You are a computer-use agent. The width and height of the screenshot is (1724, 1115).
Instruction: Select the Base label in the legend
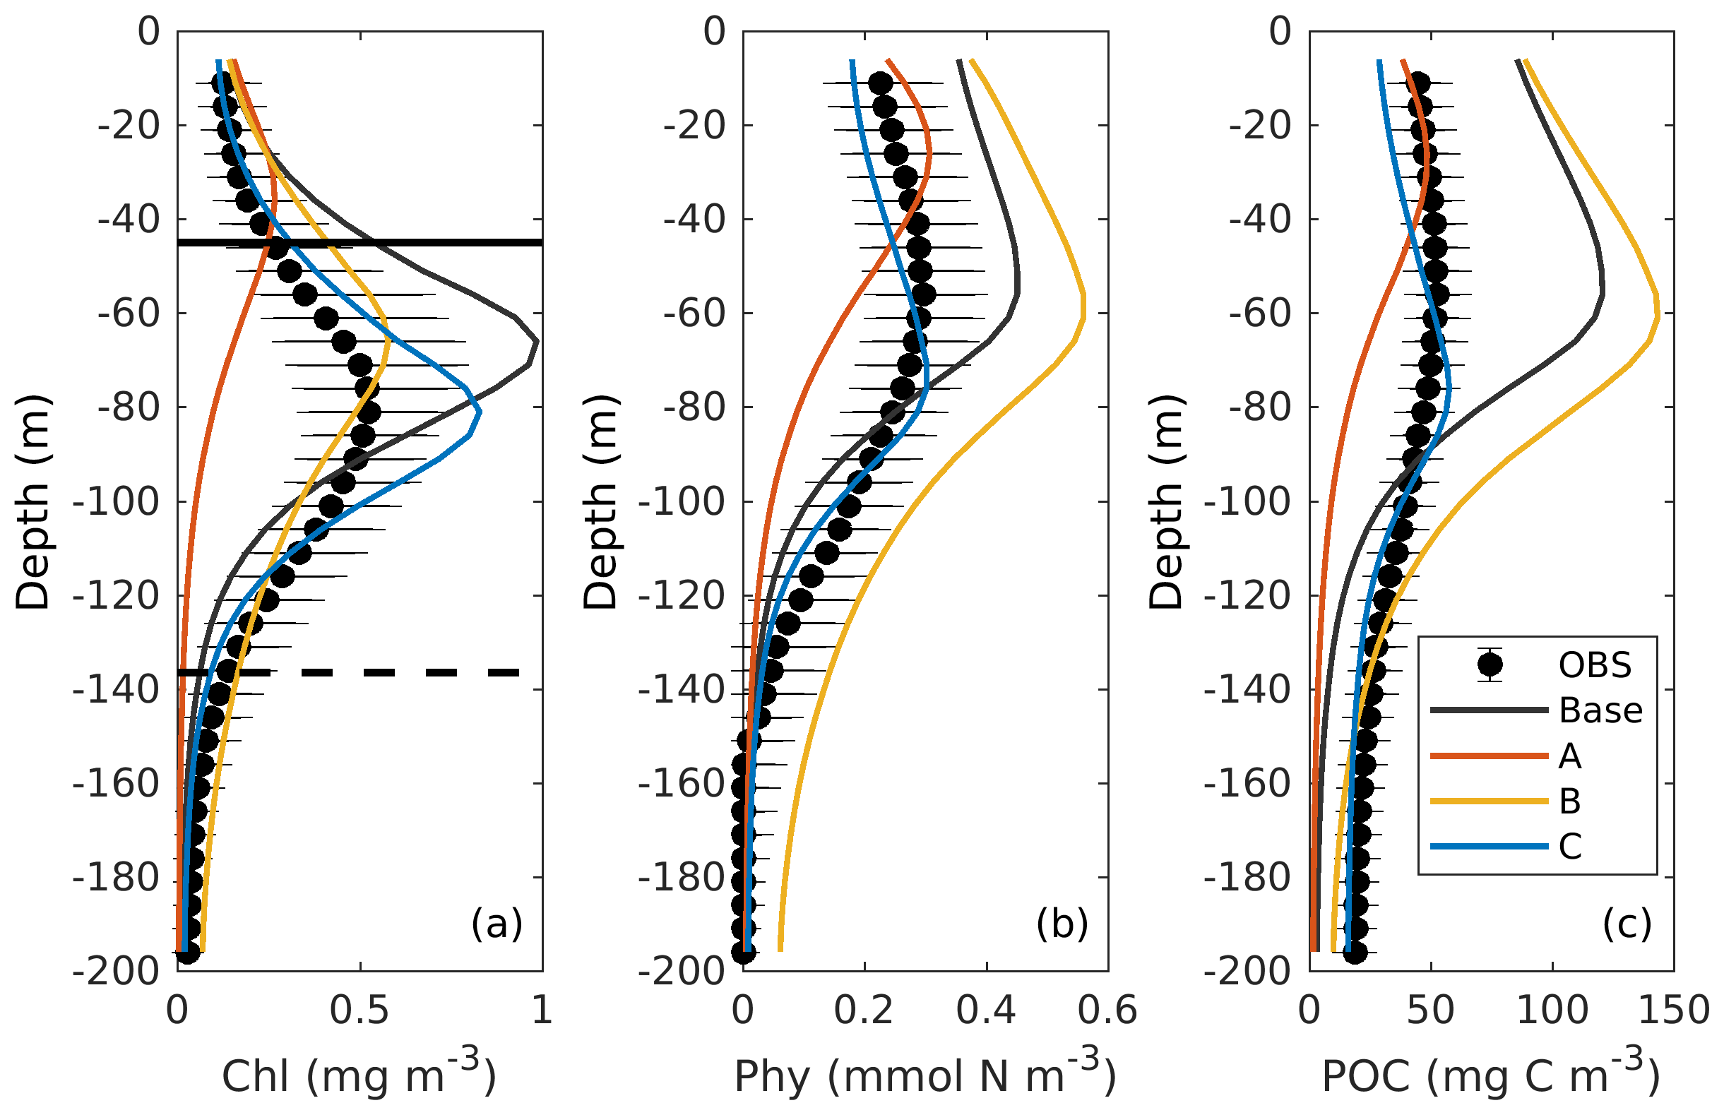coord(1601,710)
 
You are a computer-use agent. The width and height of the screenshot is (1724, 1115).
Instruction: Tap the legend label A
coord(1570,756)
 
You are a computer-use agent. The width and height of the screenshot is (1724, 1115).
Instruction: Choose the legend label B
coord(1570,801)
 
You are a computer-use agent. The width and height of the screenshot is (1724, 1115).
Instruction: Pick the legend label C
coord(1570,846)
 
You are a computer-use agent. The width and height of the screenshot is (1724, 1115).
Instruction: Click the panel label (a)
coord(497,924)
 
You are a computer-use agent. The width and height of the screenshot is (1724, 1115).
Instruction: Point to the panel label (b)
coord(1062,924)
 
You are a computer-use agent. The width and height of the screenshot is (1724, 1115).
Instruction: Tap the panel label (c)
coord(1627,924)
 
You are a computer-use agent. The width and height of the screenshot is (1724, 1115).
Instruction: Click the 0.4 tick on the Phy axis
coord(985,1010)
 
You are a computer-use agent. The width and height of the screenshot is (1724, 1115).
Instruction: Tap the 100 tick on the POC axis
coord(1552,1010)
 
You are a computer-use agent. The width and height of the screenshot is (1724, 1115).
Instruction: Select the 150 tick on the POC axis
coord(1673,1010)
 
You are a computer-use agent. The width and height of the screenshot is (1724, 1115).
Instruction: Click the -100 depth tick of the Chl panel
coord(116,502)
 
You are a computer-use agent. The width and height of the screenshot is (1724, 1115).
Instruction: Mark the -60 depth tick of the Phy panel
coord(694,314)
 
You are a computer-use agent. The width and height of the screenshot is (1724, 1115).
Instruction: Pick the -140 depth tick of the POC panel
coord(1247,689)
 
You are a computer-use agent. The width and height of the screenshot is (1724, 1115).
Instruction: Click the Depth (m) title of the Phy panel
coord(601,502)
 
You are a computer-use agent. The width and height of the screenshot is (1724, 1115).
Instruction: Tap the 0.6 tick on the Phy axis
coord(1107,1010)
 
